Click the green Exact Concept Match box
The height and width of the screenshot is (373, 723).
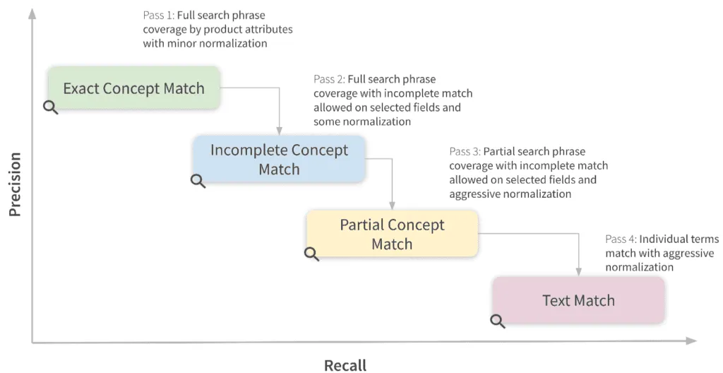[x=133, y=88]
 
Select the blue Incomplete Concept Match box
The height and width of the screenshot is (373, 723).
[x=279, y=160]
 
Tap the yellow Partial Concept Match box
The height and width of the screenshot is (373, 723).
[x=392, y=234]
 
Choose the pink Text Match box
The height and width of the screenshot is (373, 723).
[x=578, y=300]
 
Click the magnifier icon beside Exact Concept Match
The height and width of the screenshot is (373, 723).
[x=51, y=107]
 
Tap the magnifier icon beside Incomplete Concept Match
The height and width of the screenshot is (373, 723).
[x=198, y=181]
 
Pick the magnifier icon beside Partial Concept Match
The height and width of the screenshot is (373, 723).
[x=311, y=254]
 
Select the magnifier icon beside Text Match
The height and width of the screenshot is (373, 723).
[x=498, y=321]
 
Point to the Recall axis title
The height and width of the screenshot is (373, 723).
[x=345, y=365]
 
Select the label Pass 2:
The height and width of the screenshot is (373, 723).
[x=329, y=79]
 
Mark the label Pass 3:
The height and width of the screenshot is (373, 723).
[x=465, y=152]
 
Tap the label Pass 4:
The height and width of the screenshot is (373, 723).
[x=621, y=239]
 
